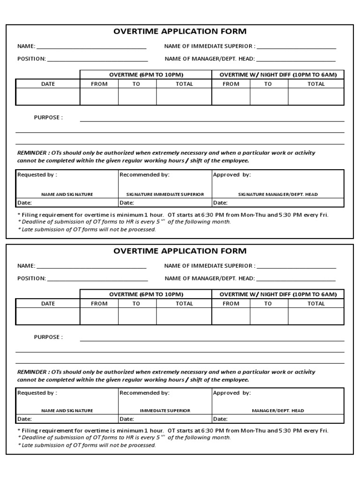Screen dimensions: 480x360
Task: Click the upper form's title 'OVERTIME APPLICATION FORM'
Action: (180, 31)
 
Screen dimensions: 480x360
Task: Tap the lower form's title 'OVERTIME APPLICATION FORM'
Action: (180, 251)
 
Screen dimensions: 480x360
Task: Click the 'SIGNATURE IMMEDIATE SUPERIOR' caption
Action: (165, 194)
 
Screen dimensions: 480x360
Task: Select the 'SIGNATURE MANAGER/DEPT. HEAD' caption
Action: (277, 194)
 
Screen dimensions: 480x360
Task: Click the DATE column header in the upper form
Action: (48, 84)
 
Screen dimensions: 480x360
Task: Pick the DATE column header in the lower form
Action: (48, 303)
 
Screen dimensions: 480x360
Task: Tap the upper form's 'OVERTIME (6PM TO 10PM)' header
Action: (146, 75)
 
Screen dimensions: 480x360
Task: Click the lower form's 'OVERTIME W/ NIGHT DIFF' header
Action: (278, 294)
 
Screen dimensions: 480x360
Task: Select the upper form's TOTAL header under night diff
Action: (316, 84)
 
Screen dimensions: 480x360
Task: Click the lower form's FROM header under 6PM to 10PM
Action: (99, 303)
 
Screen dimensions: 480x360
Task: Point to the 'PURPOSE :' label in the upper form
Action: (48, 118)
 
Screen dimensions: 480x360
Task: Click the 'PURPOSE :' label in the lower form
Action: (48, 337)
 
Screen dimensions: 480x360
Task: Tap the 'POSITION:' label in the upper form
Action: (31, 59)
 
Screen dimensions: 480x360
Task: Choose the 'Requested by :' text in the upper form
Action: (37, 174)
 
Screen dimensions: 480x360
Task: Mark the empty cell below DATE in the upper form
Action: (48, 96)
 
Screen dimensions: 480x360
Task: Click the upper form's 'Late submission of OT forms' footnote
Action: (88, 229)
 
